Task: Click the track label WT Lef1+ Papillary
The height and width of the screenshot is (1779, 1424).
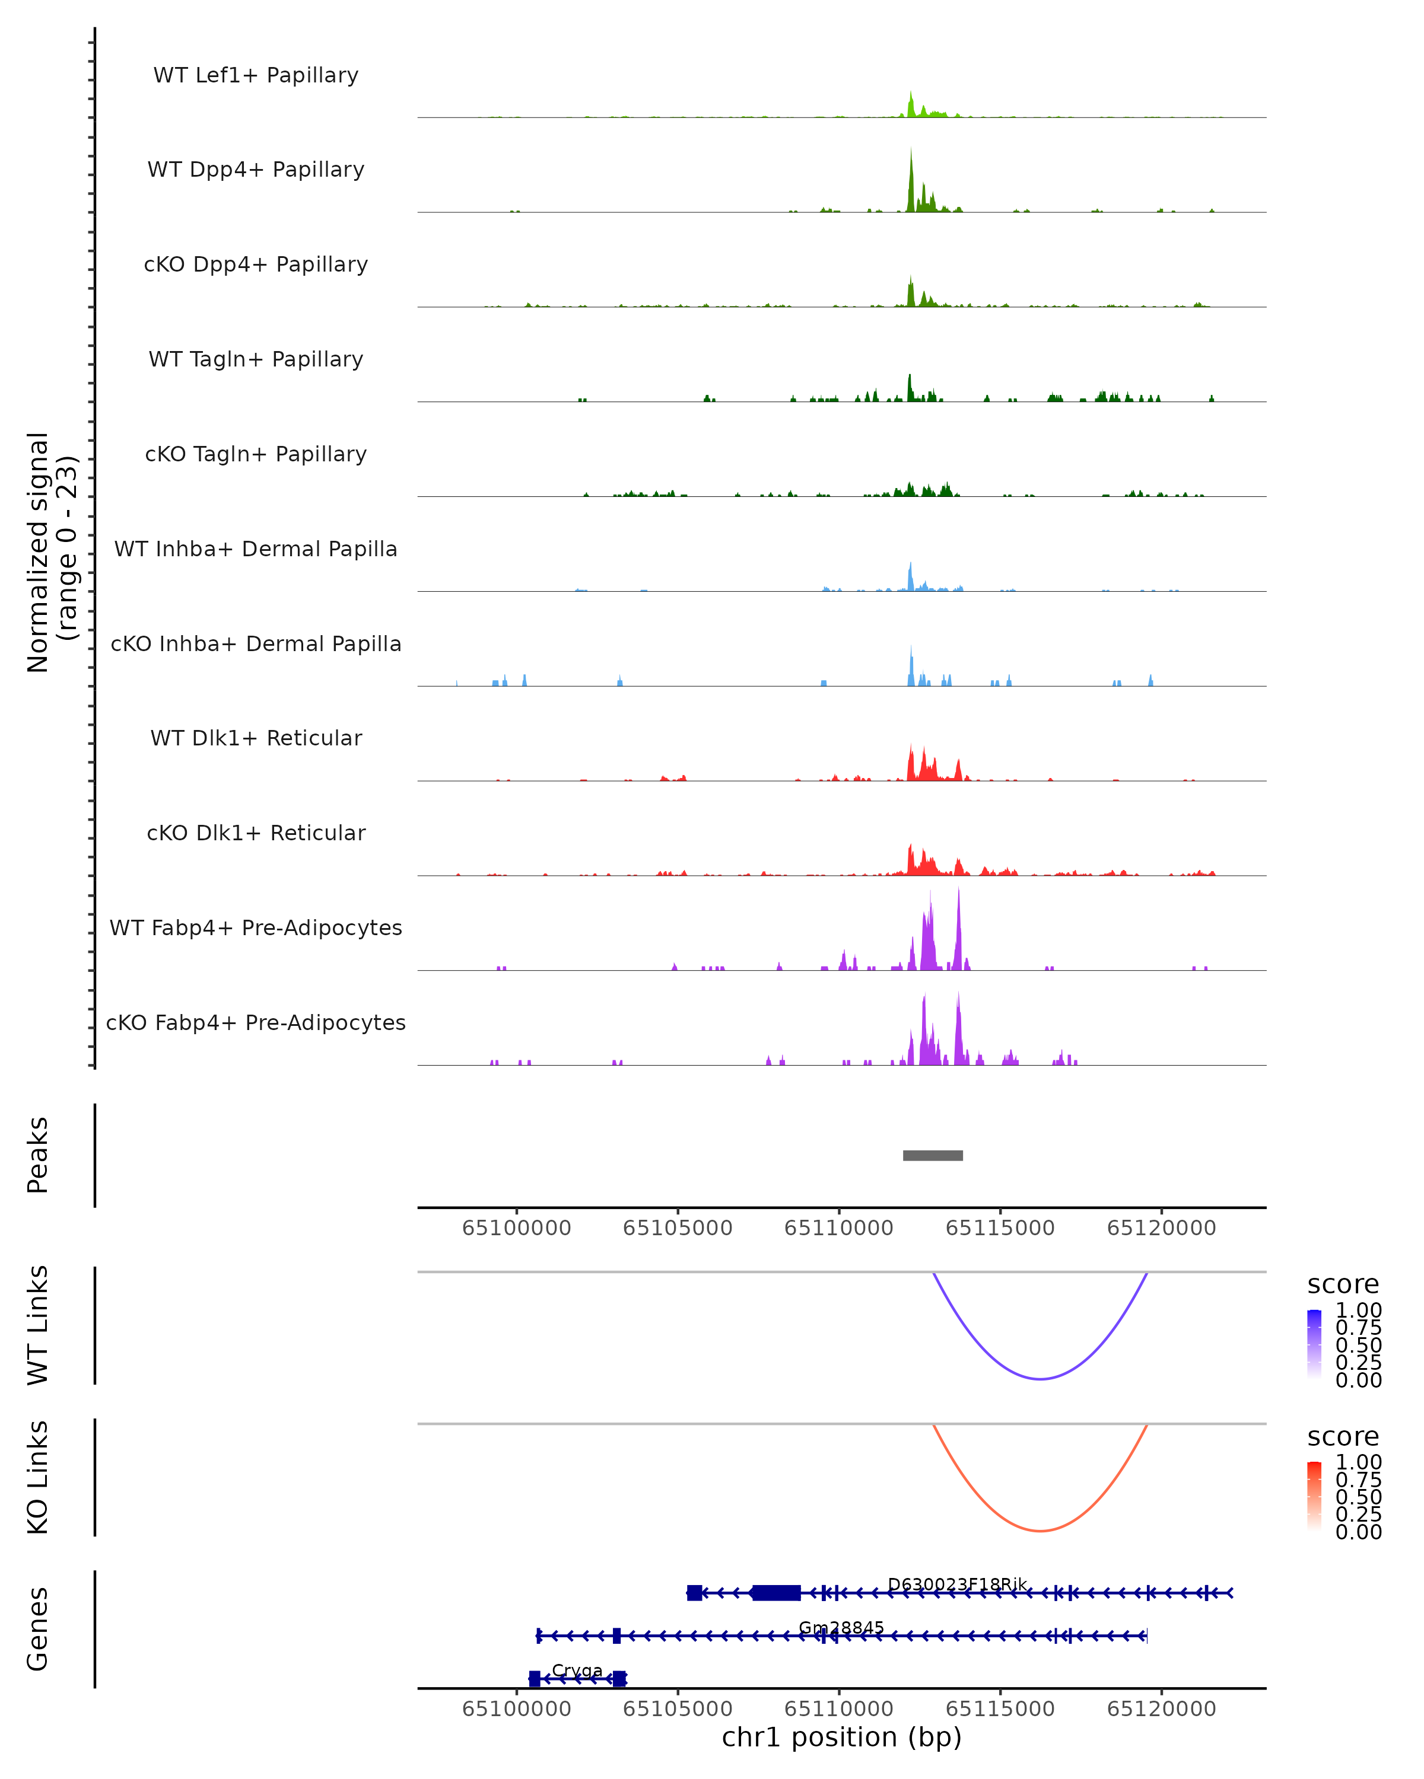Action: (256, 75)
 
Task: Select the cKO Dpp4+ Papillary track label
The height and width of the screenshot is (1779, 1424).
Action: (256, 264)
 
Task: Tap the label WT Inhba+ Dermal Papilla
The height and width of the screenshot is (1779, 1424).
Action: (256, 549)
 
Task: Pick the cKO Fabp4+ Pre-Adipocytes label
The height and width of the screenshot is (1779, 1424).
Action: (256, 1022)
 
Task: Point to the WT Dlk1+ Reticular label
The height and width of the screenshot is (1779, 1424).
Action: (256, 738)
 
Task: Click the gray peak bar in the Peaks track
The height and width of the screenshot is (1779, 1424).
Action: (933, 1155)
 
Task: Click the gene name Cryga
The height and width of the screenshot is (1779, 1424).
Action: (577, 1670)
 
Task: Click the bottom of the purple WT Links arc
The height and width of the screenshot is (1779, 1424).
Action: (1041, 1378)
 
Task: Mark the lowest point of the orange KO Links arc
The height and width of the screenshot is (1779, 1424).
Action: (1041, 1531)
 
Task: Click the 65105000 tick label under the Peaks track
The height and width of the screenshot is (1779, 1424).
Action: (678, 1228)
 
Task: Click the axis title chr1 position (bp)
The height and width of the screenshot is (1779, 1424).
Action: (841, 1737)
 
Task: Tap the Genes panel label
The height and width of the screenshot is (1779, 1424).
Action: (37, 1629)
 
